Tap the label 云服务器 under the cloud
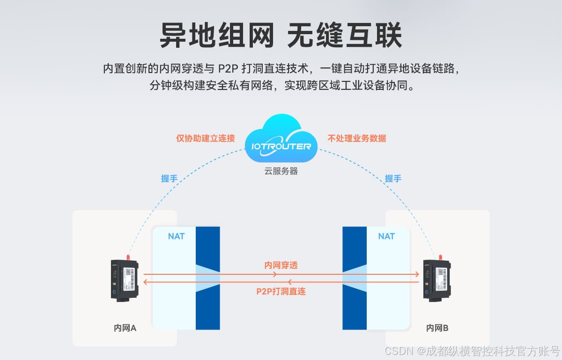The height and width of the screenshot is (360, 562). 281,171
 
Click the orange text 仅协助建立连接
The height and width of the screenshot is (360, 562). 205,139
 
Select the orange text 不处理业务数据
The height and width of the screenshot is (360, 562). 357,139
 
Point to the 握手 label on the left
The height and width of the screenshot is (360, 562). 169,178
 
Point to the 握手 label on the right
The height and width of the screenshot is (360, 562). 393,178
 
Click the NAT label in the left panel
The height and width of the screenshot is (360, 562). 176,236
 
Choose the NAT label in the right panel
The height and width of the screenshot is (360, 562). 386,236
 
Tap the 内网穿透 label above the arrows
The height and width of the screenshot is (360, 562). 281,265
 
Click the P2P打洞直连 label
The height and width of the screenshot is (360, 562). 281,291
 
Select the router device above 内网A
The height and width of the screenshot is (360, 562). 124,280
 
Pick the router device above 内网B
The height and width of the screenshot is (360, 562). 436,280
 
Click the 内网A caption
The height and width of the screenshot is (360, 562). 125,328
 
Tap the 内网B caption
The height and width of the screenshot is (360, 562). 437,328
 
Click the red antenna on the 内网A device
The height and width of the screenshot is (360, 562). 127,257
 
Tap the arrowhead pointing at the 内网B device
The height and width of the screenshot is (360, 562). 416,274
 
